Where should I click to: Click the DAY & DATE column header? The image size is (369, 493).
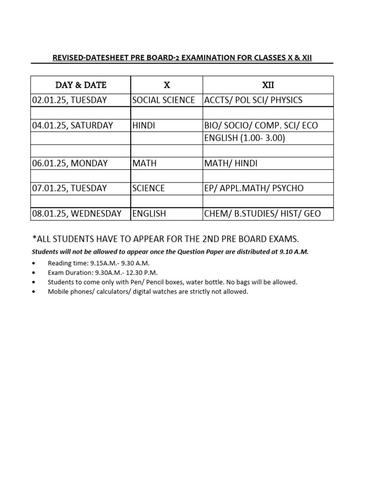tap(81, 85)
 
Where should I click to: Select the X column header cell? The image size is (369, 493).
tap(167, 85)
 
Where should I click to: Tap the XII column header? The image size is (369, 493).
tap(268, 85)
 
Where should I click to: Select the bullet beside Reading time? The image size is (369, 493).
tap(33, 263)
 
